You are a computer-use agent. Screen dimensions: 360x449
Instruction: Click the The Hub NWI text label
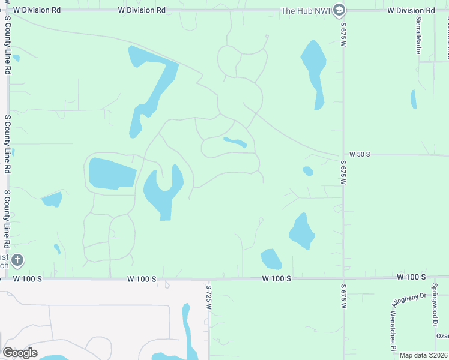306,10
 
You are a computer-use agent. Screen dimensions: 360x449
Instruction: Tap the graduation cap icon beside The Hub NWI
339,10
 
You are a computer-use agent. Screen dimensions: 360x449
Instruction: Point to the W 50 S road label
360,154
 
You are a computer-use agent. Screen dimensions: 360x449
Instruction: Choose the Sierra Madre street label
418,35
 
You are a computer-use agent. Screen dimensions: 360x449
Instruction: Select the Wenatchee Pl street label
394,331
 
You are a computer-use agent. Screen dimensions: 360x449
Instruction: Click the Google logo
20,353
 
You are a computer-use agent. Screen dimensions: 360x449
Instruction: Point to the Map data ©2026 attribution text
423,355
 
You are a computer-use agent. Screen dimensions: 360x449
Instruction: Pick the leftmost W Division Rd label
37,10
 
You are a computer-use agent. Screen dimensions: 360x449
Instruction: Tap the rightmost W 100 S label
411,277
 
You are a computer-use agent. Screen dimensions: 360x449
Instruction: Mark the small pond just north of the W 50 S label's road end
308,171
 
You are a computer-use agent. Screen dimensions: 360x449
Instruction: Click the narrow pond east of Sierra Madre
413,99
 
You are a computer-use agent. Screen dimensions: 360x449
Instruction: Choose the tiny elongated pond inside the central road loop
235,142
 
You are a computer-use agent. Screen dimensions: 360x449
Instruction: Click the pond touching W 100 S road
271,259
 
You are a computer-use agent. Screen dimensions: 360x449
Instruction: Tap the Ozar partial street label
442,336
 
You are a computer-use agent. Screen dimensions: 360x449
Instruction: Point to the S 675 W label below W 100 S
343,296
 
